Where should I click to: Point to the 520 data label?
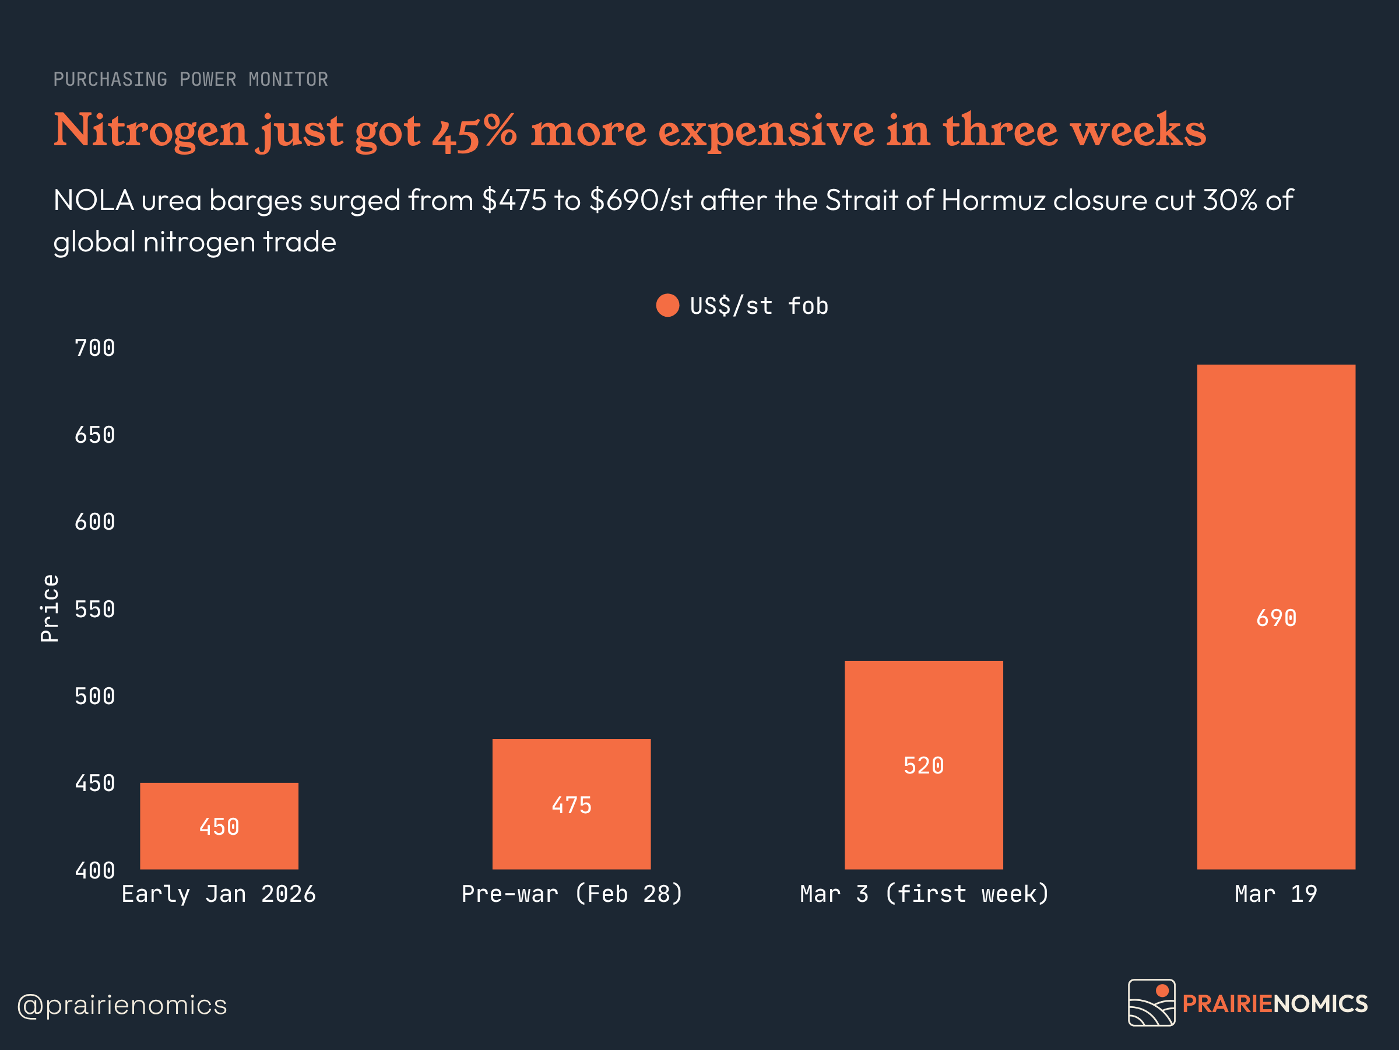click(x=923, y=766)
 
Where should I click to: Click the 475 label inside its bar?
click(x=571, y=806)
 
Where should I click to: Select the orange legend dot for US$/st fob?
click(x=667, y=306)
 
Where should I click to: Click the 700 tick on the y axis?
click(x=95, y=348)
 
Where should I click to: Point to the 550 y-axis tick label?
click(x=95, y=610)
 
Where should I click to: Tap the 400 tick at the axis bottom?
click(x=95, y=871)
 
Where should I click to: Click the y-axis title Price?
click(x=50, y=608)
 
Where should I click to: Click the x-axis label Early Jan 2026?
click(x=219, y=894)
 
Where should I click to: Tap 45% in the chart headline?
click(x=474, y=132)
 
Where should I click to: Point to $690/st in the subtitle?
click(x=641, y=201)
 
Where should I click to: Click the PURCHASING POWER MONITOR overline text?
click(x=191, y=80)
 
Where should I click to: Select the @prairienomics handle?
click(x=122, y=1005)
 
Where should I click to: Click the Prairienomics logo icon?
click(x=1152, y=1003)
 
